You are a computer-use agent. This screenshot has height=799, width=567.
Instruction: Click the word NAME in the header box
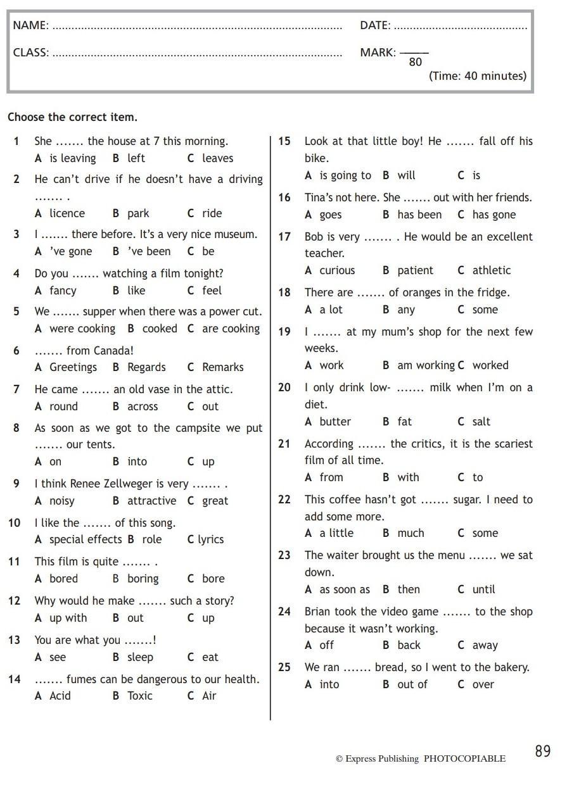pos(30,25)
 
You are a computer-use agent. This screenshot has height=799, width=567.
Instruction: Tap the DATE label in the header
pos(375,25)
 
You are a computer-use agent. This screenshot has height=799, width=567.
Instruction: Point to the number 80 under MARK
pos(415,62)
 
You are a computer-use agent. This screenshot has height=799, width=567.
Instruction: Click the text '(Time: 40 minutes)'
pos(478,76)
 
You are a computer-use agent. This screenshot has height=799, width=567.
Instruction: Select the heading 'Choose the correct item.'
pos(72,117)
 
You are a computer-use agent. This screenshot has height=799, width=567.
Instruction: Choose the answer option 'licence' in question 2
pos(67,213)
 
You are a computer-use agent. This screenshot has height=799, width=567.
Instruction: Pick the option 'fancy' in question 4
pos(63,291)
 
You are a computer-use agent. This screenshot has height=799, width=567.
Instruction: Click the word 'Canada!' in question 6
pos(113,351)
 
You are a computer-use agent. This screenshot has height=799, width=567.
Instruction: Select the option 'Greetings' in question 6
pos(73,367)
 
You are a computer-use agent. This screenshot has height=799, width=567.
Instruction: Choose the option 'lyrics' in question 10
pos(210,539)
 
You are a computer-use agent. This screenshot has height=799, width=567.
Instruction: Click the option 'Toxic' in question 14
pos(139,696)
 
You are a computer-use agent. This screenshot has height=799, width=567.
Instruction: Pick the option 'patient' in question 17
pos(415,270)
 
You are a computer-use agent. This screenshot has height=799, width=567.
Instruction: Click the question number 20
pos(284,387)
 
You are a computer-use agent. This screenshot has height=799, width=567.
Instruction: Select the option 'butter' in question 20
pos(335,422)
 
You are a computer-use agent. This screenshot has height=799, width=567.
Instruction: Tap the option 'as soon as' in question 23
pos(345,589)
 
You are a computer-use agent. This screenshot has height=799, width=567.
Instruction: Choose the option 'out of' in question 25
pos(412,684)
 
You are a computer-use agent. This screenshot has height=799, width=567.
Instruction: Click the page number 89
pos(543,752)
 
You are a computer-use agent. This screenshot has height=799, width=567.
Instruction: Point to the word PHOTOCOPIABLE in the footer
pos(464,758)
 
